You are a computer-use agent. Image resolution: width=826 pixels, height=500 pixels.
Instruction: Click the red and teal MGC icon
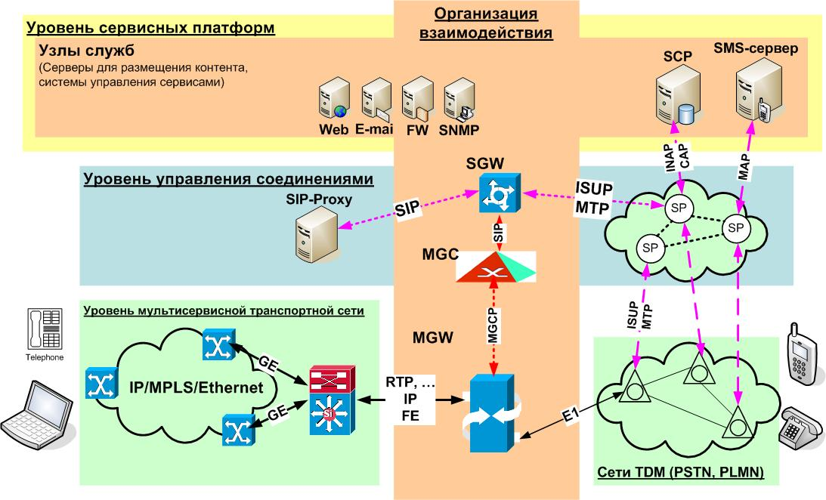click(x=495, y=267)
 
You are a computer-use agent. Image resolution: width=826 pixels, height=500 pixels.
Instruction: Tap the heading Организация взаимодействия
click(x=486, y=23)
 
